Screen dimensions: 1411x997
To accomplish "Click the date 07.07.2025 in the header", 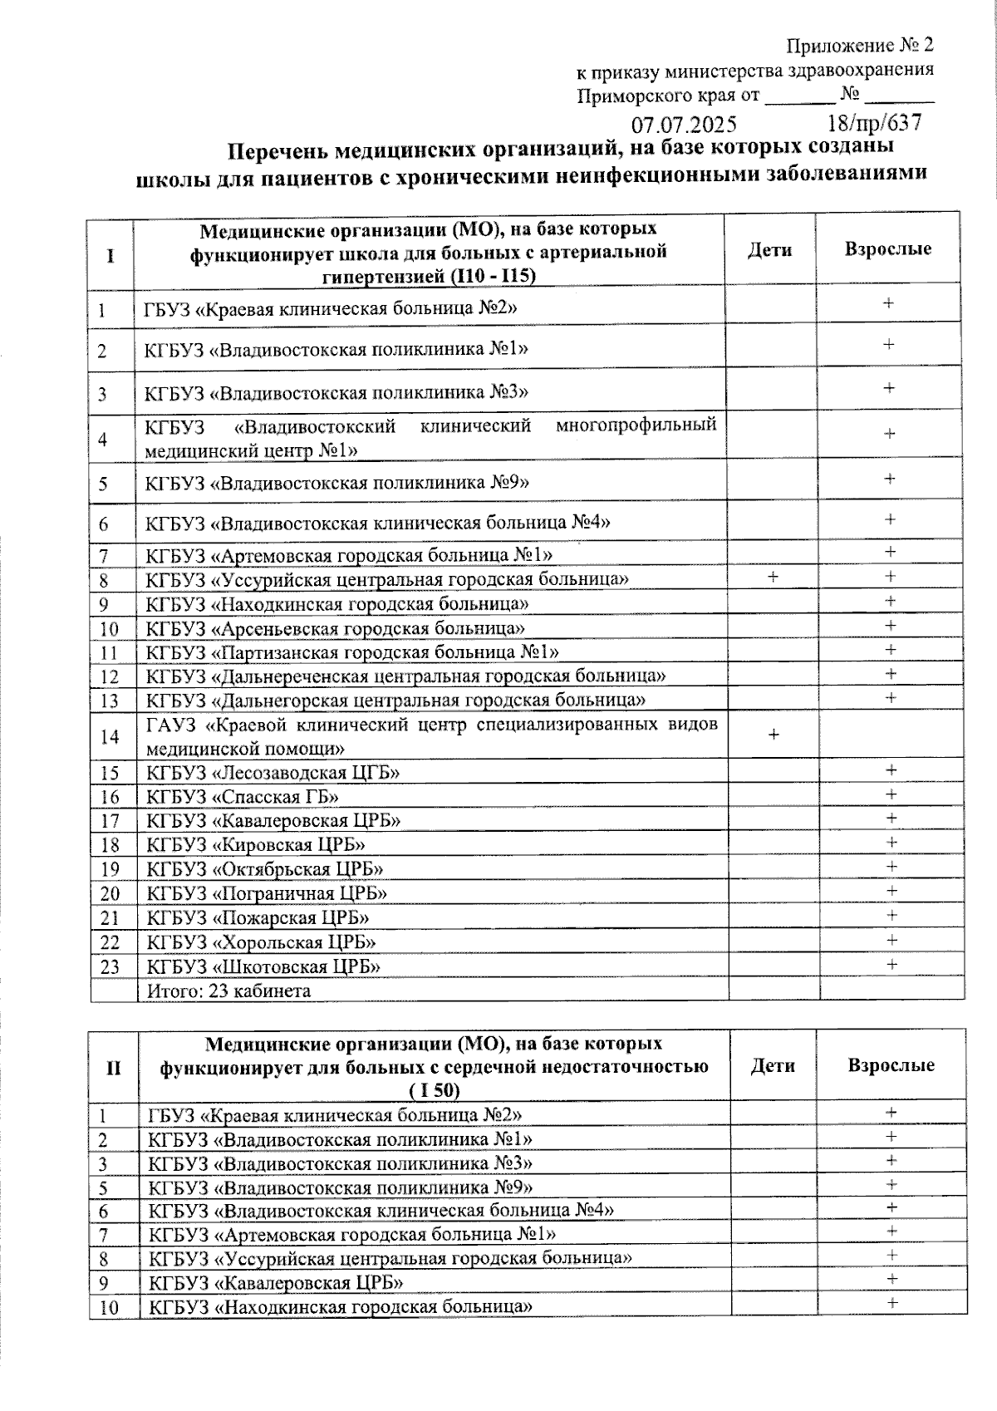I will click(x=683, y=125).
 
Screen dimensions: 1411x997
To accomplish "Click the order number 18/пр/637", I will click(x=874, y=123).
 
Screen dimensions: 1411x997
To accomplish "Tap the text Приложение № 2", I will click(x=860, y=44).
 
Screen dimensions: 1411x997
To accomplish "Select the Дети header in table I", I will click(x=769, y=249).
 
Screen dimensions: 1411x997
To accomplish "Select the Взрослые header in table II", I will click(x=891, y=1065).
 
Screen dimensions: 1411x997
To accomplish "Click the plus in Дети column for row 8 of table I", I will click(x=773, y=577).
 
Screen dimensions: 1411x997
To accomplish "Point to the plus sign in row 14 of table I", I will click(x=774, y=735).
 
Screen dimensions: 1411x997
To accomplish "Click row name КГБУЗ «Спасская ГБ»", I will click(x=243, y=797).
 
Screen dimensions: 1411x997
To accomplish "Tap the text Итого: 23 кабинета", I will click(x=228, y=991).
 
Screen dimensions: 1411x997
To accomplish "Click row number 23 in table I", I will click(x=110, y=966).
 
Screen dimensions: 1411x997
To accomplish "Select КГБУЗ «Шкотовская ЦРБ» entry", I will click(x=263, y=966).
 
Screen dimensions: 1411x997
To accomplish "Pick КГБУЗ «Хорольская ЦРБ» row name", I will click(x=261, y=942).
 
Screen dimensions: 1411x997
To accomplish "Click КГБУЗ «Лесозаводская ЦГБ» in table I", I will click(x=273, y=773).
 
